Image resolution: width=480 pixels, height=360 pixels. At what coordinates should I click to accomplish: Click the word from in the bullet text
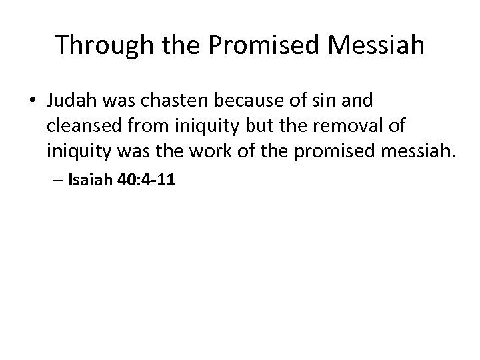coord(143,127)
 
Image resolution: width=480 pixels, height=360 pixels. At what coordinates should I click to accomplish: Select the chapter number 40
coord(127,179)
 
